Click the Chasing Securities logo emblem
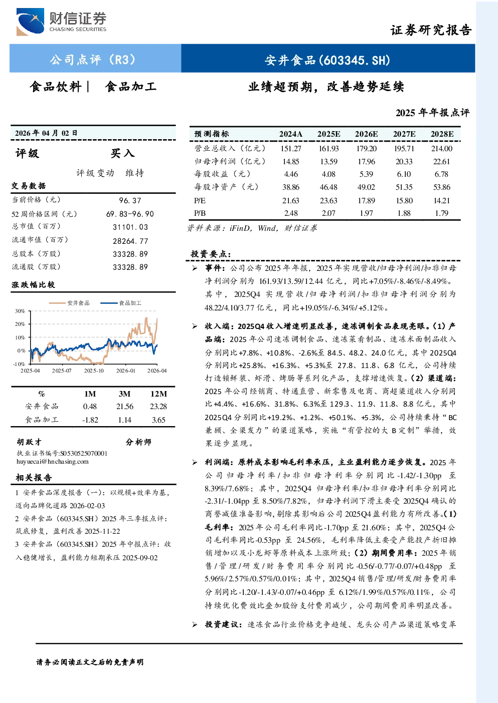[30, 22]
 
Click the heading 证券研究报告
[431, 30]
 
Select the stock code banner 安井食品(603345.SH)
[327, 60]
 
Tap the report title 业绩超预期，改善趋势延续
[326, 87]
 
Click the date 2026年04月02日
[46, 133]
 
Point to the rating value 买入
[122, 153]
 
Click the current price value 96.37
[130, 201]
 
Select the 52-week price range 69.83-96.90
[130, 214]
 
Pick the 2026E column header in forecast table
[366, 134]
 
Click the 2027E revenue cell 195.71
[404, 148]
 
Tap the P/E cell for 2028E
[442, 201]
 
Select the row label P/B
[200, 213]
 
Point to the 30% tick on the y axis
[20, 311]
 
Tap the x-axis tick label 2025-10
[94, 371]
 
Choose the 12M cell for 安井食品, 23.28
[158, 407]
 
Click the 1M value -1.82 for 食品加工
[90, 420]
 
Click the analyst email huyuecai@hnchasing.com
[53, 462]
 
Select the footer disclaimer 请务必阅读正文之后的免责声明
[90, 662]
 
